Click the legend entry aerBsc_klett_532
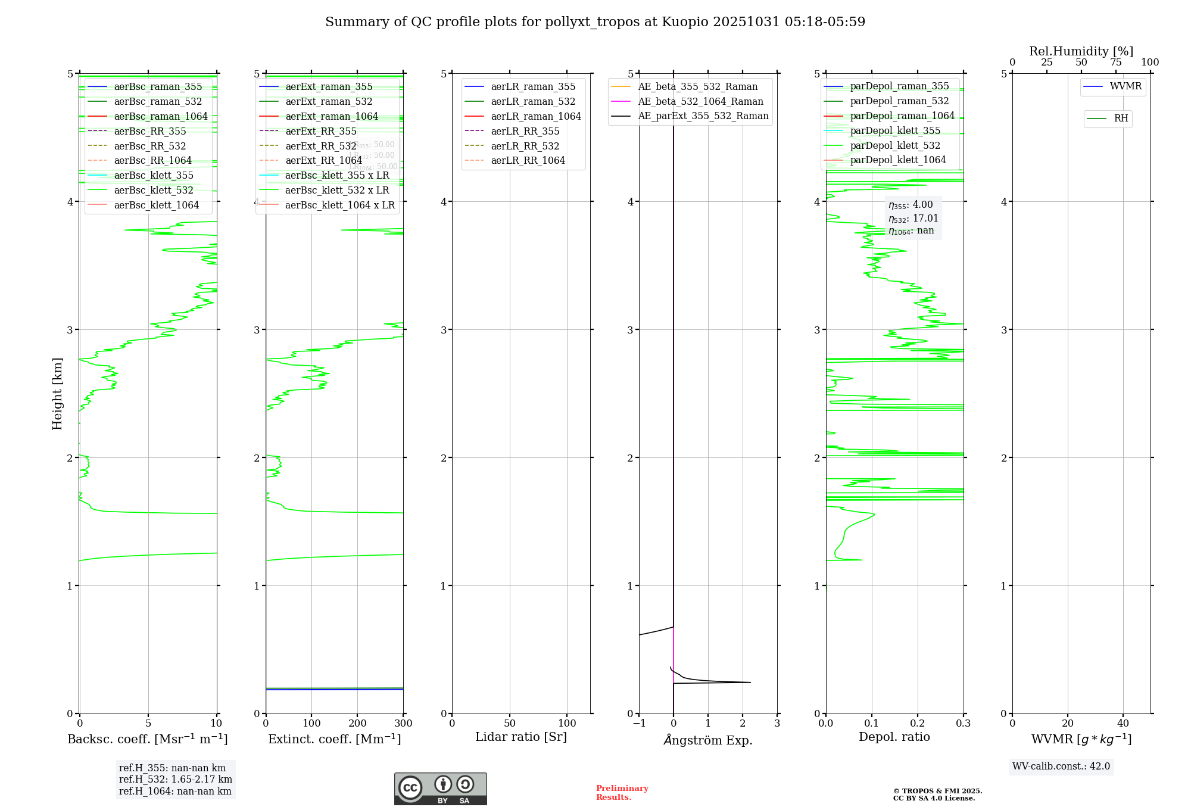pos(153,191)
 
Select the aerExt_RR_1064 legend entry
pos(323,161)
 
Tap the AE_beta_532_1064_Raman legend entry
pos(700,102)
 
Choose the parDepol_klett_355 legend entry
pos(895,131)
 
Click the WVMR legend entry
pos(1125,87)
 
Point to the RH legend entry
pos(1121,119)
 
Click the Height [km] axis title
pos(58,394)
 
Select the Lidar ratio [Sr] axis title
pos(521,737)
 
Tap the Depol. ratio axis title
pos(894,737)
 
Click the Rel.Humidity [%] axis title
pos(1081,52)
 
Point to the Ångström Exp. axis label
pos(708,740)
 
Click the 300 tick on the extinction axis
pos(403,724)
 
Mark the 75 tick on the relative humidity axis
pos(1116,63)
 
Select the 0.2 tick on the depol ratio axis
pos(918,724)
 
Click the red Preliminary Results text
pos(622,793)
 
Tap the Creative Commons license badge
pos(440,789)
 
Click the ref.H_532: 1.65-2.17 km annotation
pos(175,780)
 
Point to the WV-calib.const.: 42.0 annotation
pos(1061,767)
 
